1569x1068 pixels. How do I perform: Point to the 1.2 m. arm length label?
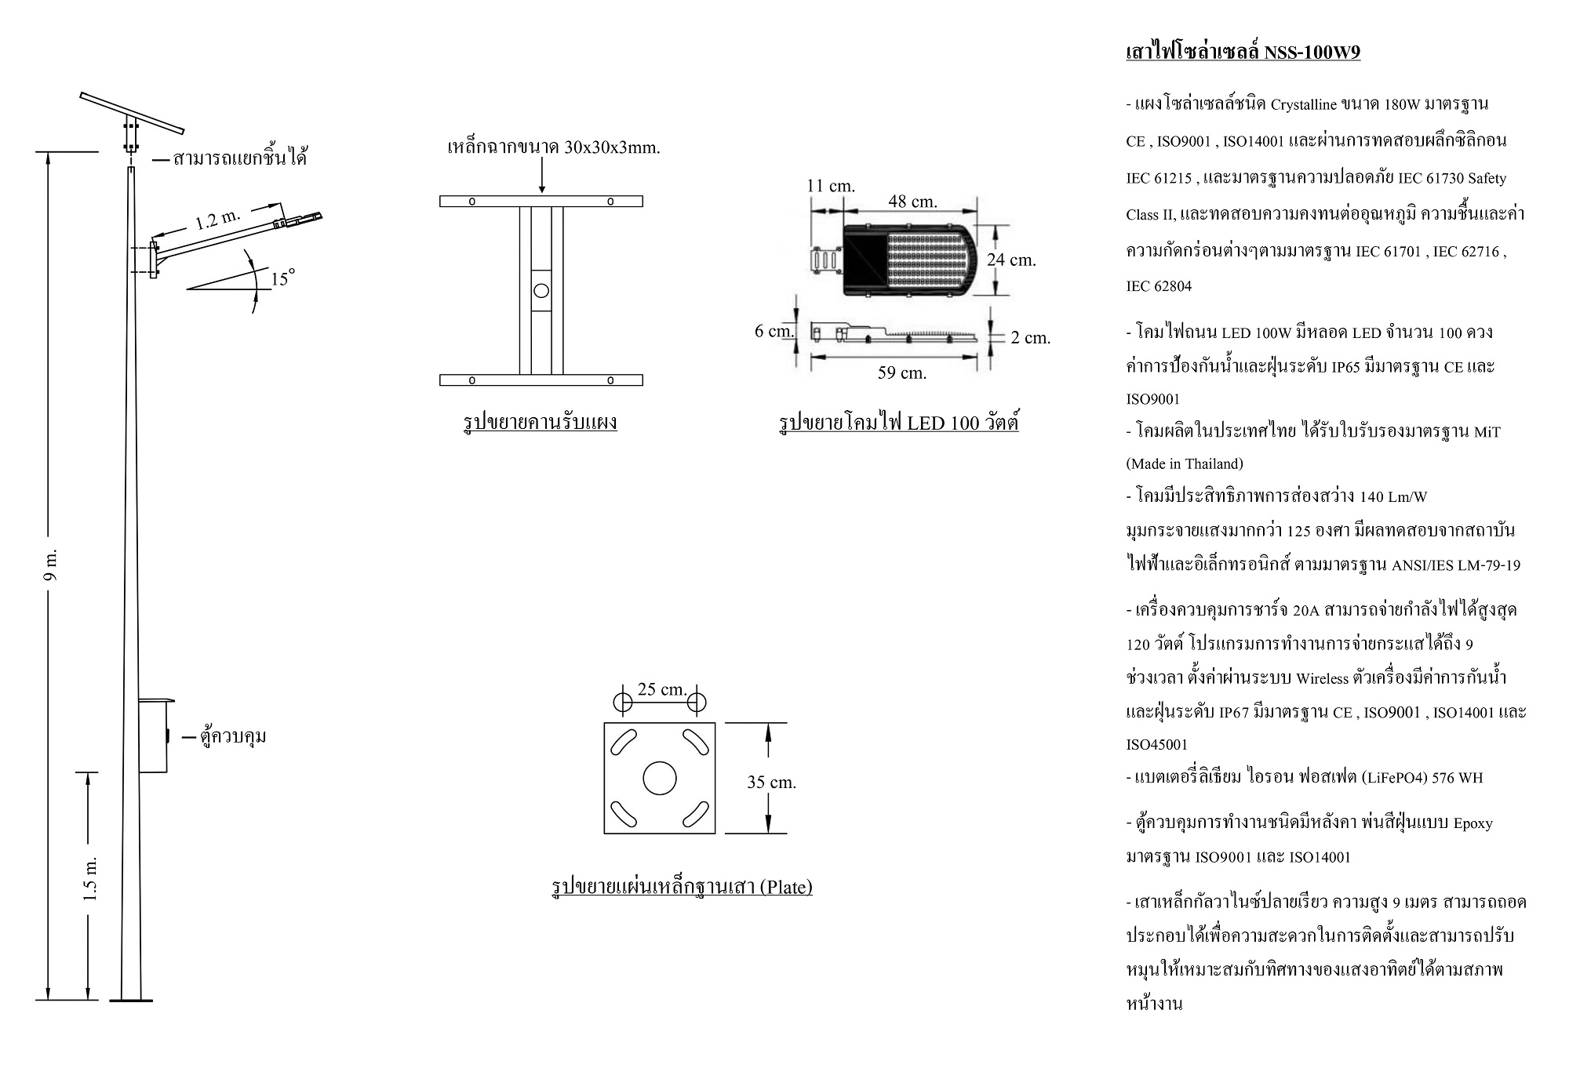[x=218, y=219]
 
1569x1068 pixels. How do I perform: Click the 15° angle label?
[x=283, y=278]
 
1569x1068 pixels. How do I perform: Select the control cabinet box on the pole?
[x=154, y=736]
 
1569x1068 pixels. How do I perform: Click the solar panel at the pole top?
[x=131, y=113]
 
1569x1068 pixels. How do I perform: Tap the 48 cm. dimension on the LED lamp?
[x=912, y=202]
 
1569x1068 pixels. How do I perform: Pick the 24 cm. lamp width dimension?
[x=1011, y=260]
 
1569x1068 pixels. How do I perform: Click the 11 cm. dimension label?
[x=831, y=187]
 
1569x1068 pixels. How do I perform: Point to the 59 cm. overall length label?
[x=901, y=373]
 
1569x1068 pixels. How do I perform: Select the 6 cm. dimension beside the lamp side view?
[x=774, y=332]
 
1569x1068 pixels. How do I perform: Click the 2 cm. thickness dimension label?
[x=1030, y=338]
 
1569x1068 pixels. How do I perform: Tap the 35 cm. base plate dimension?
[x=771, y=783]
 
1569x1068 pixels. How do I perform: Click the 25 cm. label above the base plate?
[x=661, y=689]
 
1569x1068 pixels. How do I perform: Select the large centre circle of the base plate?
[x=660, y=778]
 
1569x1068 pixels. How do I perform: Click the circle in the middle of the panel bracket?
[x=541, y=290]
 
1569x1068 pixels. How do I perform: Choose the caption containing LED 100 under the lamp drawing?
[x=899, y=423]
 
